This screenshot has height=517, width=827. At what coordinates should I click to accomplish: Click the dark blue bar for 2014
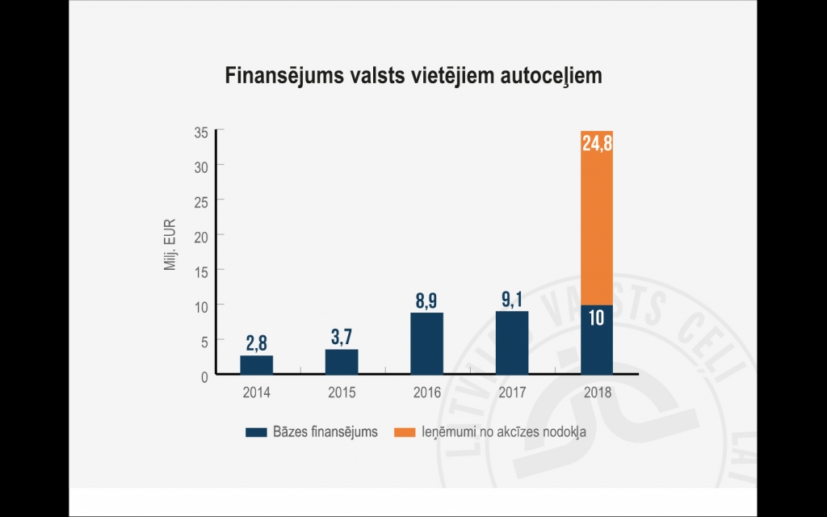point(256,365)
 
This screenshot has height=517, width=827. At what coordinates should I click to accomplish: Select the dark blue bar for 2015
point(342,362)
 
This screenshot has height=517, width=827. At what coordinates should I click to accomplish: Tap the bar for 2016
point(426,343)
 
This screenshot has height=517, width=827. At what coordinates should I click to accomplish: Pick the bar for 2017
point(512,343)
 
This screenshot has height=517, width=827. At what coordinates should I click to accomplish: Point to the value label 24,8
point(597,144)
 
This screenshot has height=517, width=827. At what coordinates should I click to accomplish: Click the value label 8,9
point(426,301)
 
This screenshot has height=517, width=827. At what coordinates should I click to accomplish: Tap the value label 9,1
point(512,300)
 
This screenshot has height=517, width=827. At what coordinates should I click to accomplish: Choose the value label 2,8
point(256,343)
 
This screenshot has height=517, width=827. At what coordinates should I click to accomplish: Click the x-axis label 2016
point(426,393)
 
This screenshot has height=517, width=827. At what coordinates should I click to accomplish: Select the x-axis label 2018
point(597,393)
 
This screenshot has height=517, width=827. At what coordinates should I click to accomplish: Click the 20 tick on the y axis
point(201,236)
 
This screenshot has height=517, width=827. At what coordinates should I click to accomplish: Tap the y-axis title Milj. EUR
point(170,246)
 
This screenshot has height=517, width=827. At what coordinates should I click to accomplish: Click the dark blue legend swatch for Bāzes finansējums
point(256,432)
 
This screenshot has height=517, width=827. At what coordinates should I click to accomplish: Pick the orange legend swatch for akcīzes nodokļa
point(405,432)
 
